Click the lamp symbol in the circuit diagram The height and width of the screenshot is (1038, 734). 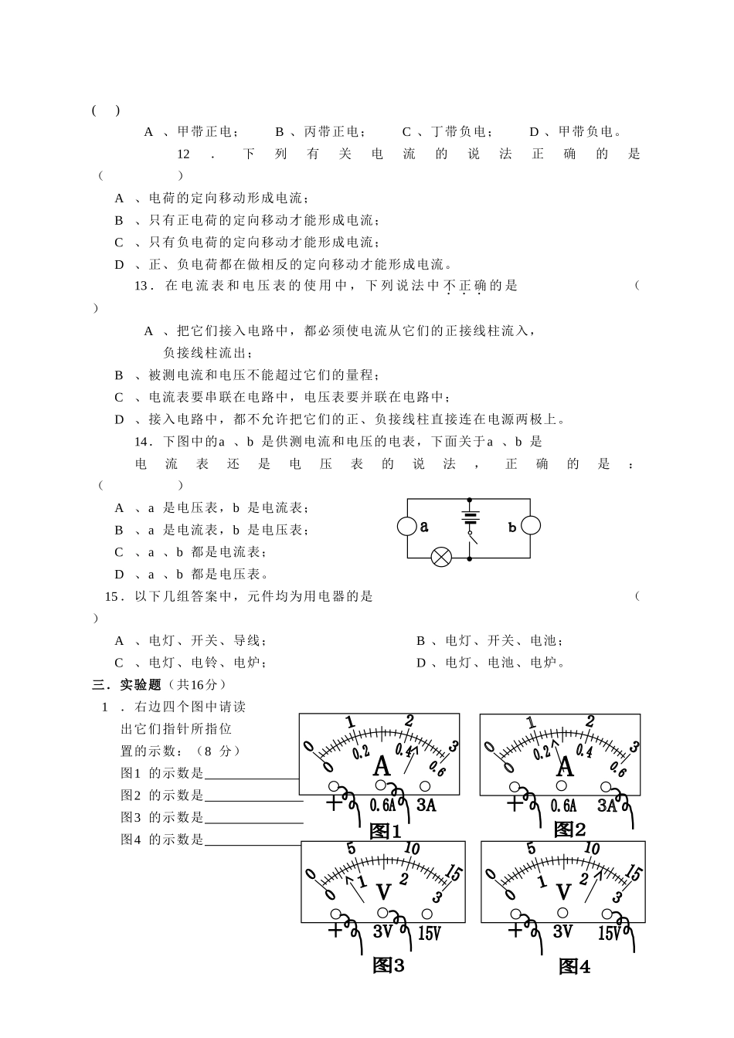441,557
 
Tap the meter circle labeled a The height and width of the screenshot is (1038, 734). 407,527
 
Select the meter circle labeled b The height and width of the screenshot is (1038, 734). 530,527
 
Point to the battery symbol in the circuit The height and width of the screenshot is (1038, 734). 469,516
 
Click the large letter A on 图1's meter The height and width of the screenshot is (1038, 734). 382,766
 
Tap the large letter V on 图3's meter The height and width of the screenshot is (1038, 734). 384,893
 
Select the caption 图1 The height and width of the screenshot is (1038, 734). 385,831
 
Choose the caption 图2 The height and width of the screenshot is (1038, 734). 570,829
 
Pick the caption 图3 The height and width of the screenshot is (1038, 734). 388,965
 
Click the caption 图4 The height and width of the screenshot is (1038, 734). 574,966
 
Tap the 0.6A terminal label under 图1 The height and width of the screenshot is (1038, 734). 382,805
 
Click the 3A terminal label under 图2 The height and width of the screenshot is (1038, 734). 607,806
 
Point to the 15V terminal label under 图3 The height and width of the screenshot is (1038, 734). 429,933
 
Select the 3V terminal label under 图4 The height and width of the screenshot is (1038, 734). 562,931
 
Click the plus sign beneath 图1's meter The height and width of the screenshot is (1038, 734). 334,802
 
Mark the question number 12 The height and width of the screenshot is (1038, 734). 183,154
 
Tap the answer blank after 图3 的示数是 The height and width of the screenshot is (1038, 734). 253,818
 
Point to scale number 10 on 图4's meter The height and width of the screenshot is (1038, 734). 592,848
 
